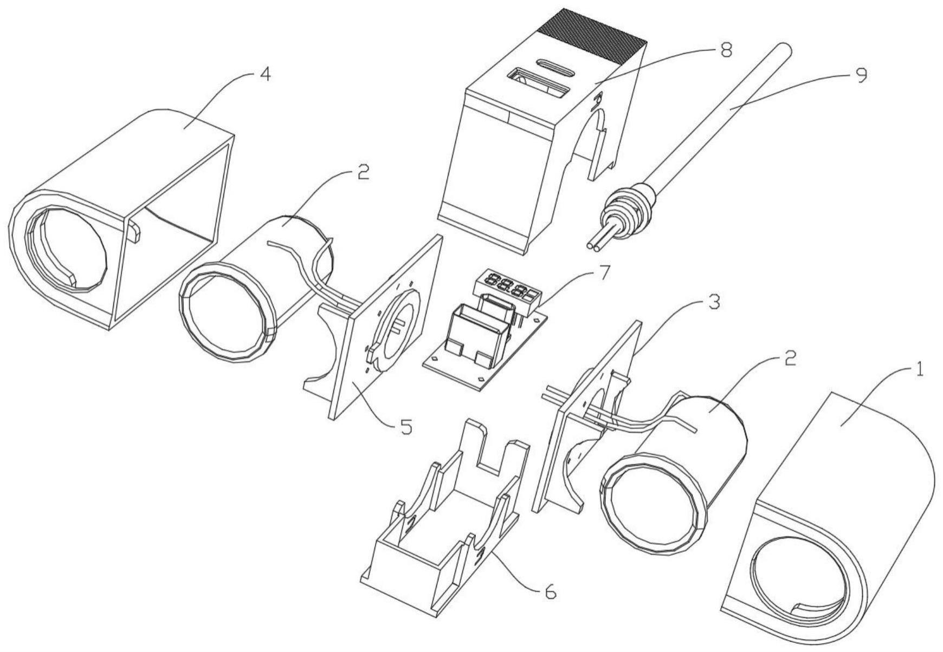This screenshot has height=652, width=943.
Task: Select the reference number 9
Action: [x=861, y=74]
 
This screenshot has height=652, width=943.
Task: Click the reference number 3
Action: [x=715, y=302]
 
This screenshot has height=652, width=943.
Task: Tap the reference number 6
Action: [x=551, y=593]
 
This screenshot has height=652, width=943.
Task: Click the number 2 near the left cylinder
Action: [x=363, y=172]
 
